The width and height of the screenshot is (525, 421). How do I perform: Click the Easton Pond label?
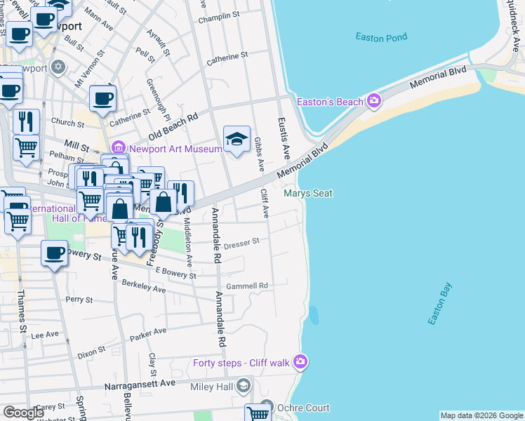tap(381, 37)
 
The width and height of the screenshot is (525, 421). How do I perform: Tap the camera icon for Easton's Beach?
tap(373, 102)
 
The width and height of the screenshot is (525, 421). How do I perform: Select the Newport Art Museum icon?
tap(119, 148)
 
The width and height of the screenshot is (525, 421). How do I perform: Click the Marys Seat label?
tap(307, 193)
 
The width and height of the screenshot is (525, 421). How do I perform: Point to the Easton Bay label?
tap(440, 303)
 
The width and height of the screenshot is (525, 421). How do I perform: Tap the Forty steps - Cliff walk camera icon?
tap(301, 362)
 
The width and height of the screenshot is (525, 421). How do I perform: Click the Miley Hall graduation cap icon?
tap(243, 386)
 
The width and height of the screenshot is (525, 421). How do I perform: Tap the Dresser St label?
tap(241, 243)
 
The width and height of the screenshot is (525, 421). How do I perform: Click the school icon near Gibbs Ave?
tap(237, 139)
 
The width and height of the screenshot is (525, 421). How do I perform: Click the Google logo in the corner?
tap(23, 413)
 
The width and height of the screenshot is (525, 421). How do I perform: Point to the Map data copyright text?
tap(481, 415)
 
